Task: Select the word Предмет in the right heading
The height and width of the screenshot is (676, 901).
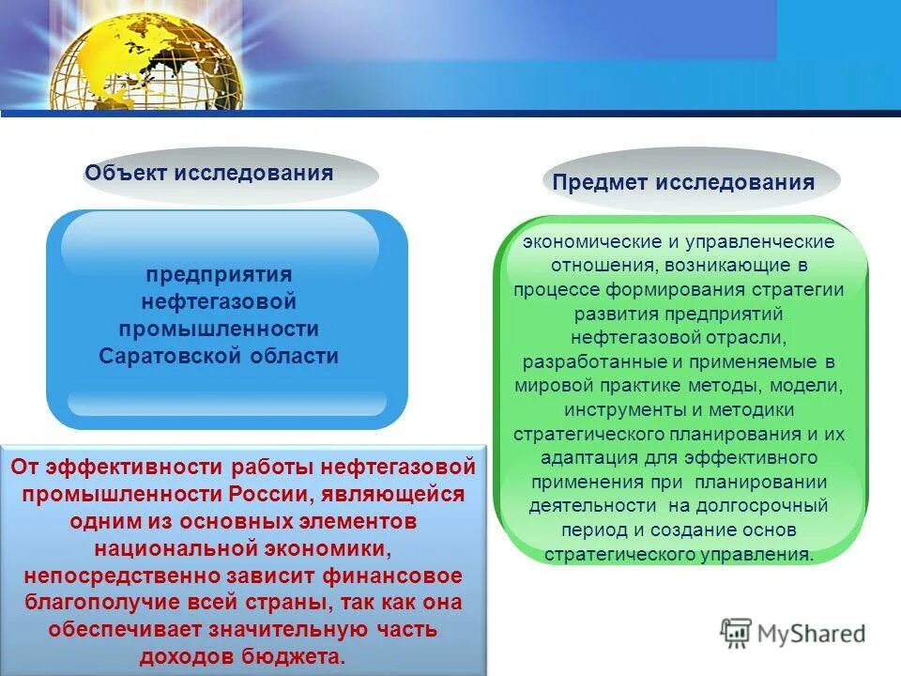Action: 600,182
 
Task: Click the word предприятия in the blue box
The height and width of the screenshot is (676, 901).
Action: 218,275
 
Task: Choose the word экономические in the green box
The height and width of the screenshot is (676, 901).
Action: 582,242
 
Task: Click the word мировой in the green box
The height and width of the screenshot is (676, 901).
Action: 548,386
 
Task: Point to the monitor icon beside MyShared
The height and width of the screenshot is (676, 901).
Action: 736,634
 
